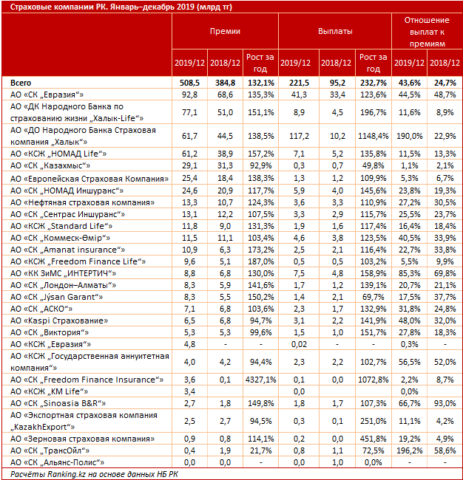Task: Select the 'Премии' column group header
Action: [x=225, y=31]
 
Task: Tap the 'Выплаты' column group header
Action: [x=335, y=31]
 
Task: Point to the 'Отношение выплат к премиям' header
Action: [x=427, y=32]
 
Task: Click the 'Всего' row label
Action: [x=21, y=83]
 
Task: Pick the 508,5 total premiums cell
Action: [x=189, y=83]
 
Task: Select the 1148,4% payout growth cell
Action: [x=374, y=136]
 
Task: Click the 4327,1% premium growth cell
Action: [x=260, y=380]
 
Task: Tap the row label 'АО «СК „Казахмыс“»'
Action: [x=50, y=165]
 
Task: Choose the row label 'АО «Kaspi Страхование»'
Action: [x=59, y=320]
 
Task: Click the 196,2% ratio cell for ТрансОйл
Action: [x=409, y=450]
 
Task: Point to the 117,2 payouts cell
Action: [x=299, y=136]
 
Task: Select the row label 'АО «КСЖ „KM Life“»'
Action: [x=49, y=391]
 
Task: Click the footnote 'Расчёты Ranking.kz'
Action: [x=48, y=475]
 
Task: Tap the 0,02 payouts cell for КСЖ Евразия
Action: [x=299, y=344]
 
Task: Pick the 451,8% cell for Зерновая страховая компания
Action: [x=374, y=439]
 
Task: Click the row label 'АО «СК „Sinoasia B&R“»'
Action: [x=58, y=403]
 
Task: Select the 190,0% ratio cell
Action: [x=409, y=136]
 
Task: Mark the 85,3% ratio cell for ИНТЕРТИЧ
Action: [x=409, y=273]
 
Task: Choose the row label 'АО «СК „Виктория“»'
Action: [x=50, y=332]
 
